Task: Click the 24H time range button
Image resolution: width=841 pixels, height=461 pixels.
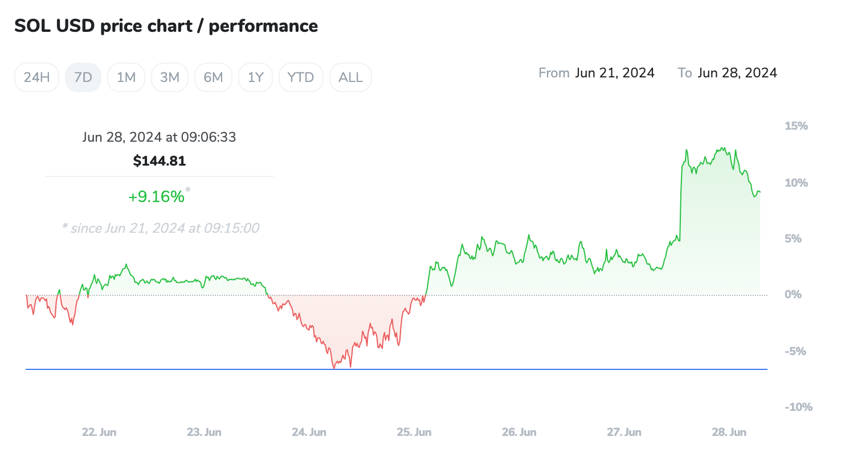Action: (x=37, y=77)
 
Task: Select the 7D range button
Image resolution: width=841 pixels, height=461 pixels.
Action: (x=83, y=77)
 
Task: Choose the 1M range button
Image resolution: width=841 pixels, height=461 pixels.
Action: (x=126, y=77)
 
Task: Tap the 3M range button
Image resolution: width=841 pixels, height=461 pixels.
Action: (x=170, y=77)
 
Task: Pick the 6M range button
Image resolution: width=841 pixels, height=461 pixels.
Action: (x=213, y=77)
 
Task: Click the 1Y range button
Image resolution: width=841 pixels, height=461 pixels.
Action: (x=256, y=77)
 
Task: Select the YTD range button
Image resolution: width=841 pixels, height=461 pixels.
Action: (x=301, y=77)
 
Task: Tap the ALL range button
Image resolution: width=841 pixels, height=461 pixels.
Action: (x=350, y=77)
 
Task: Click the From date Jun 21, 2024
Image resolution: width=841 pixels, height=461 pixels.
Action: (x=615, y=73)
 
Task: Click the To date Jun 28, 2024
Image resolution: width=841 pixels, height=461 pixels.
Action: (x=737, y=73)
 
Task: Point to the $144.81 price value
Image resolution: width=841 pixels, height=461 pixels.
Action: (x=160, y=161)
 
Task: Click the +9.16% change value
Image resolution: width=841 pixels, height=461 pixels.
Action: (x=157, y=197)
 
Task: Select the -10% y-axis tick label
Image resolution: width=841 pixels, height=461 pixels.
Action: (x=798, y=408)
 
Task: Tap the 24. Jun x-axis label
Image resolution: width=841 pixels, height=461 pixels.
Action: (x=309, y=433)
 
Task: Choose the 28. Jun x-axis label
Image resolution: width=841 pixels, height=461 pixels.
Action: (x=729, y=433)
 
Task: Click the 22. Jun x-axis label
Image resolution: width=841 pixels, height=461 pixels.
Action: (x=99, y=433)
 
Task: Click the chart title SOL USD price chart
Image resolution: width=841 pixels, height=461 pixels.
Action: (x=166, y=26)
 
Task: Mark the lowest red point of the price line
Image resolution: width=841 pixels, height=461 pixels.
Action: (x=334, y=368)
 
